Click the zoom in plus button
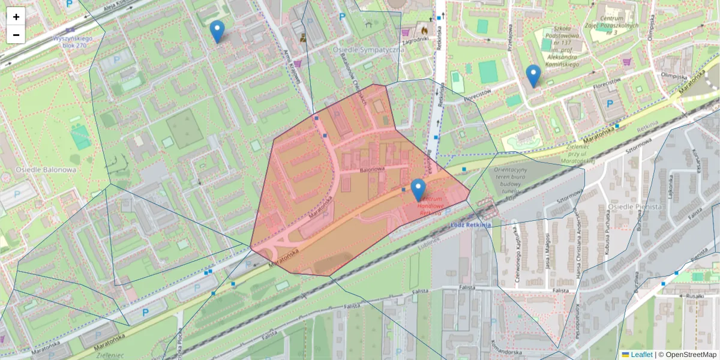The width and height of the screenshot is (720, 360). click(x=16, y=17)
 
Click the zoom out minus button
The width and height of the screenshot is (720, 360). click(x=16, y=35)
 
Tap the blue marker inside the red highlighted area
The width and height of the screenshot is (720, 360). click(x=418, y=190)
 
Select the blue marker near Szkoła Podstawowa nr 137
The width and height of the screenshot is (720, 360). click(x=533, y=76)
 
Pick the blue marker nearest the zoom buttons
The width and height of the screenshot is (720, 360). click(x=217, y=31)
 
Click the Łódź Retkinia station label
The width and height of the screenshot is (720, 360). click(x=470, y=225)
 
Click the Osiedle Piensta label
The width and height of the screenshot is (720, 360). click(x=634, y=206)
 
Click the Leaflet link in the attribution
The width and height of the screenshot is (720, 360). click(x=641, y=355)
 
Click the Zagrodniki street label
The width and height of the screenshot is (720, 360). click(x=415, y=40)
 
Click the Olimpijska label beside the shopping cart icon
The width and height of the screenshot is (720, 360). click(x=673, y=76)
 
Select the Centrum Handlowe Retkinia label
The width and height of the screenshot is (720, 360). click(x=431, y=205)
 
